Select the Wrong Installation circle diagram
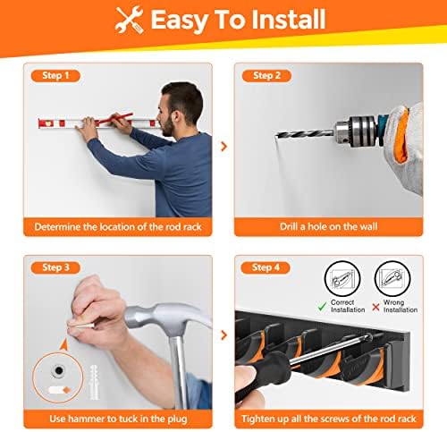coord(391,280)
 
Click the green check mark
coord(323,305)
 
